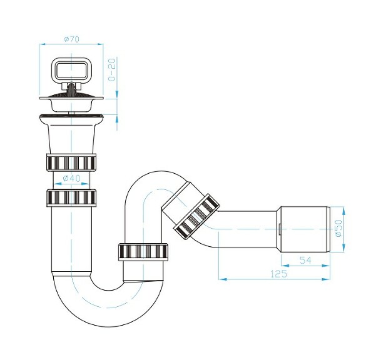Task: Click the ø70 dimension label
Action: click(x=71, y=39)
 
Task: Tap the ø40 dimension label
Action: click(x=71, y=179)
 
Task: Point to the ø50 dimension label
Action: click(x=338, y=229)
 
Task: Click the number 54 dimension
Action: click(x=305, y=259)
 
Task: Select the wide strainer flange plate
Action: click(x=71, y=97)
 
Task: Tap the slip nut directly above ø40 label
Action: click(x=71, y=162)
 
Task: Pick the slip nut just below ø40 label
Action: click(x=71, y=198)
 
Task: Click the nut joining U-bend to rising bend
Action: click(x=145, y=252)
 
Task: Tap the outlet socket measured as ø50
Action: click(x=304, y=227)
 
